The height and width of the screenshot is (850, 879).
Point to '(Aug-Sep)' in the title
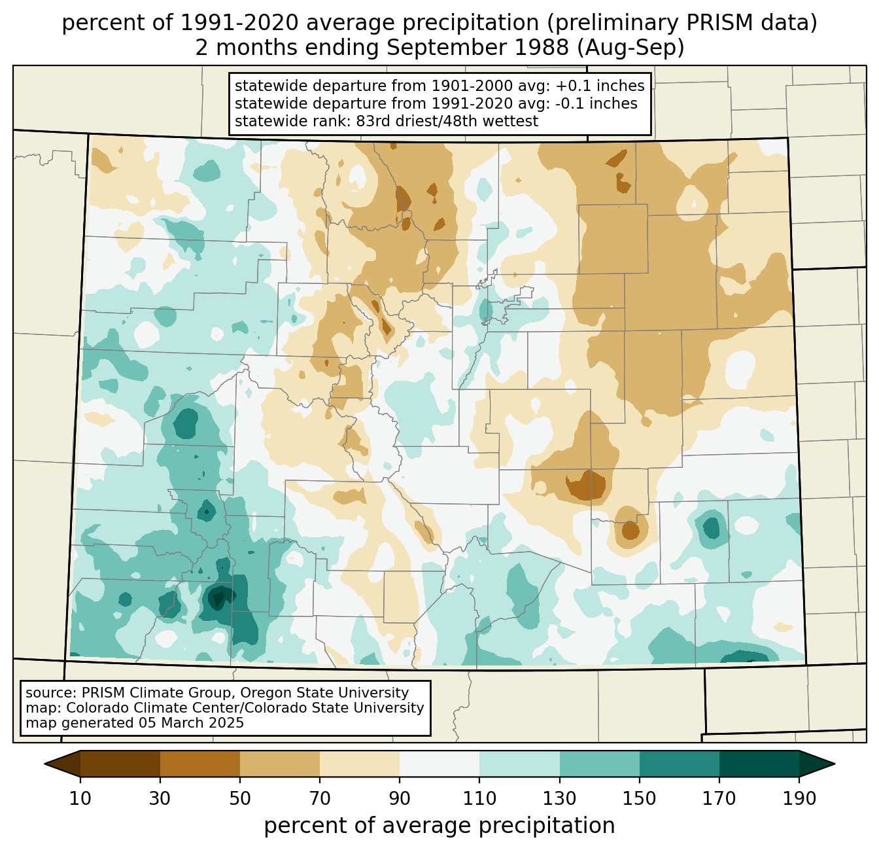[x=630, y=48]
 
